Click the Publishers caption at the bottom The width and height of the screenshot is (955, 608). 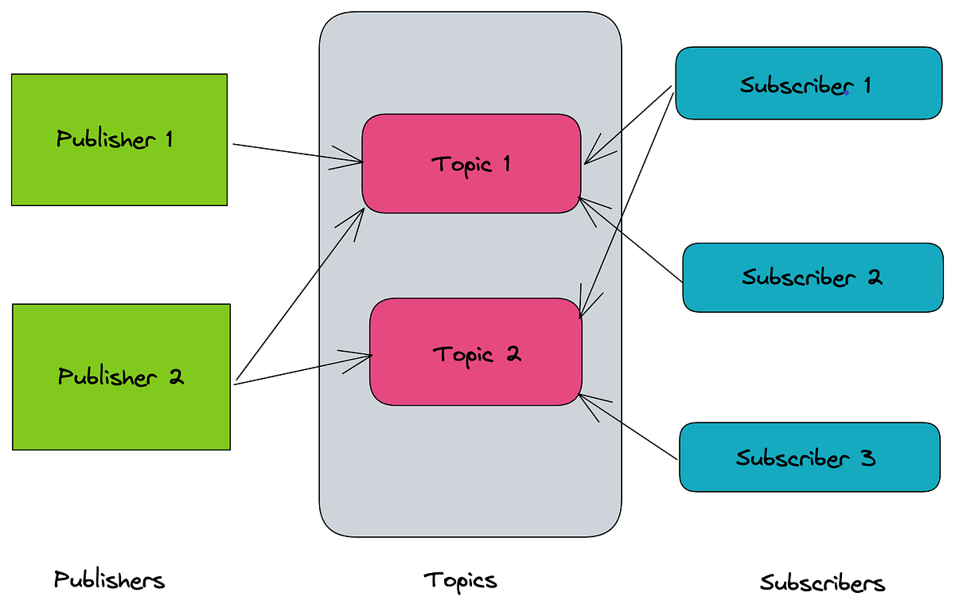pyautogui.click(x=109, y=580)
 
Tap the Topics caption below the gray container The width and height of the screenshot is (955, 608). pyautogui.click(x=460, y=580)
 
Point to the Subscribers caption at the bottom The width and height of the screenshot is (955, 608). pyautogui.click(x=822, y=583)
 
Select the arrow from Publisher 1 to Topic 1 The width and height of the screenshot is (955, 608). pyautogui.click(x=294, y=154)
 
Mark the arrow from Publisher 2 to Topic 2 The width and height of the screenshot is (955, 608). pyautogui.click(x=302, y=369)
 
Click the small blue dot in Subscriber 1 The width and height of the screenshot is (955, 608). pyautogui.click(x=847, y=93)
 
